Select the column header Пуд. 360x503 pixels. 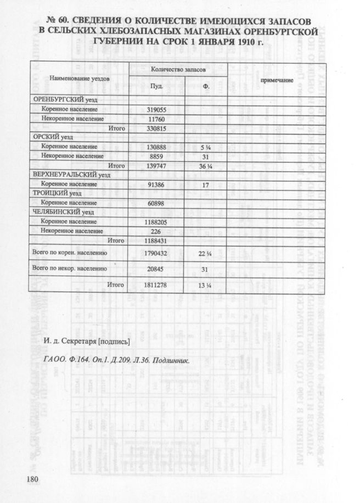pyautogui.click(x=156, y=86)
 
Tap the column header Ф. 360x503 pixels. pyautogui.click(x=206, y=86)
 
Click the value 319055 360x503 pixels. pyautogui.click(x=156, y=109)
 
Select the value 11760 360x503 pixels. pyautogui.click(x=156, y=119)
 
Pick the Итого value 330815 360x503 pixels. pyautogui.click(x=156, y=128)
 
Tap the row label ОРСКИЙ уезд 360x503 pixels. pyautogui.click(x=54, y=137)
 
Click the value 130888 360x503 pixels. pyautogui.click(x=156, y=147)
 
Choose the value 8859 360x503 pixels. pyautogui.click(x=156, y=156)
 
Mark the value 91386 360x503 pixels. pyautogui.click(x=156, y=185)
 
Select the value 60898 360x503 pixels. pyautogui.click(x=156, y=203)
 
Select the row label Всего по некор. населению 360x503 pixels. pyautogui.click(x=70, y=269)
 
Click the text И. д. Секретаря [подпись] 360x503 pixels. pyautogui.click(x=86, y=343)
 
